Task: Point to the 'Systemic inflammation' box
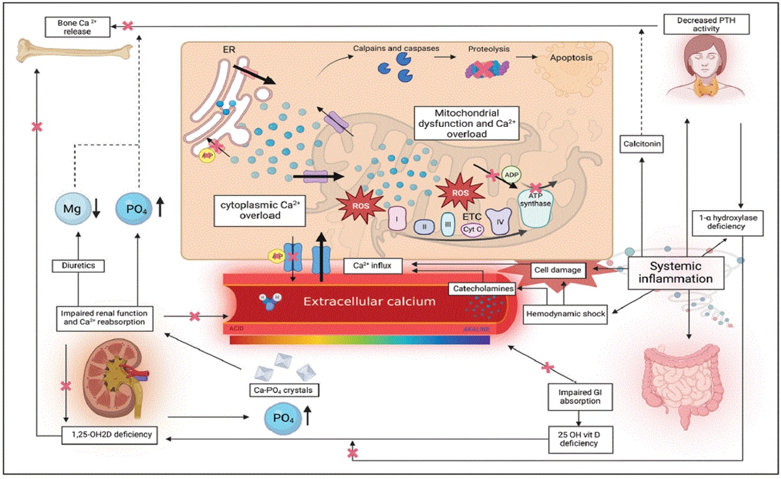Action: point(676,272)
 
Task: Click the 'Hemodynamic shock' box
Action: point(566,314)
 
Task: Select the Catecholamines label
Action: point(481,287)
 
